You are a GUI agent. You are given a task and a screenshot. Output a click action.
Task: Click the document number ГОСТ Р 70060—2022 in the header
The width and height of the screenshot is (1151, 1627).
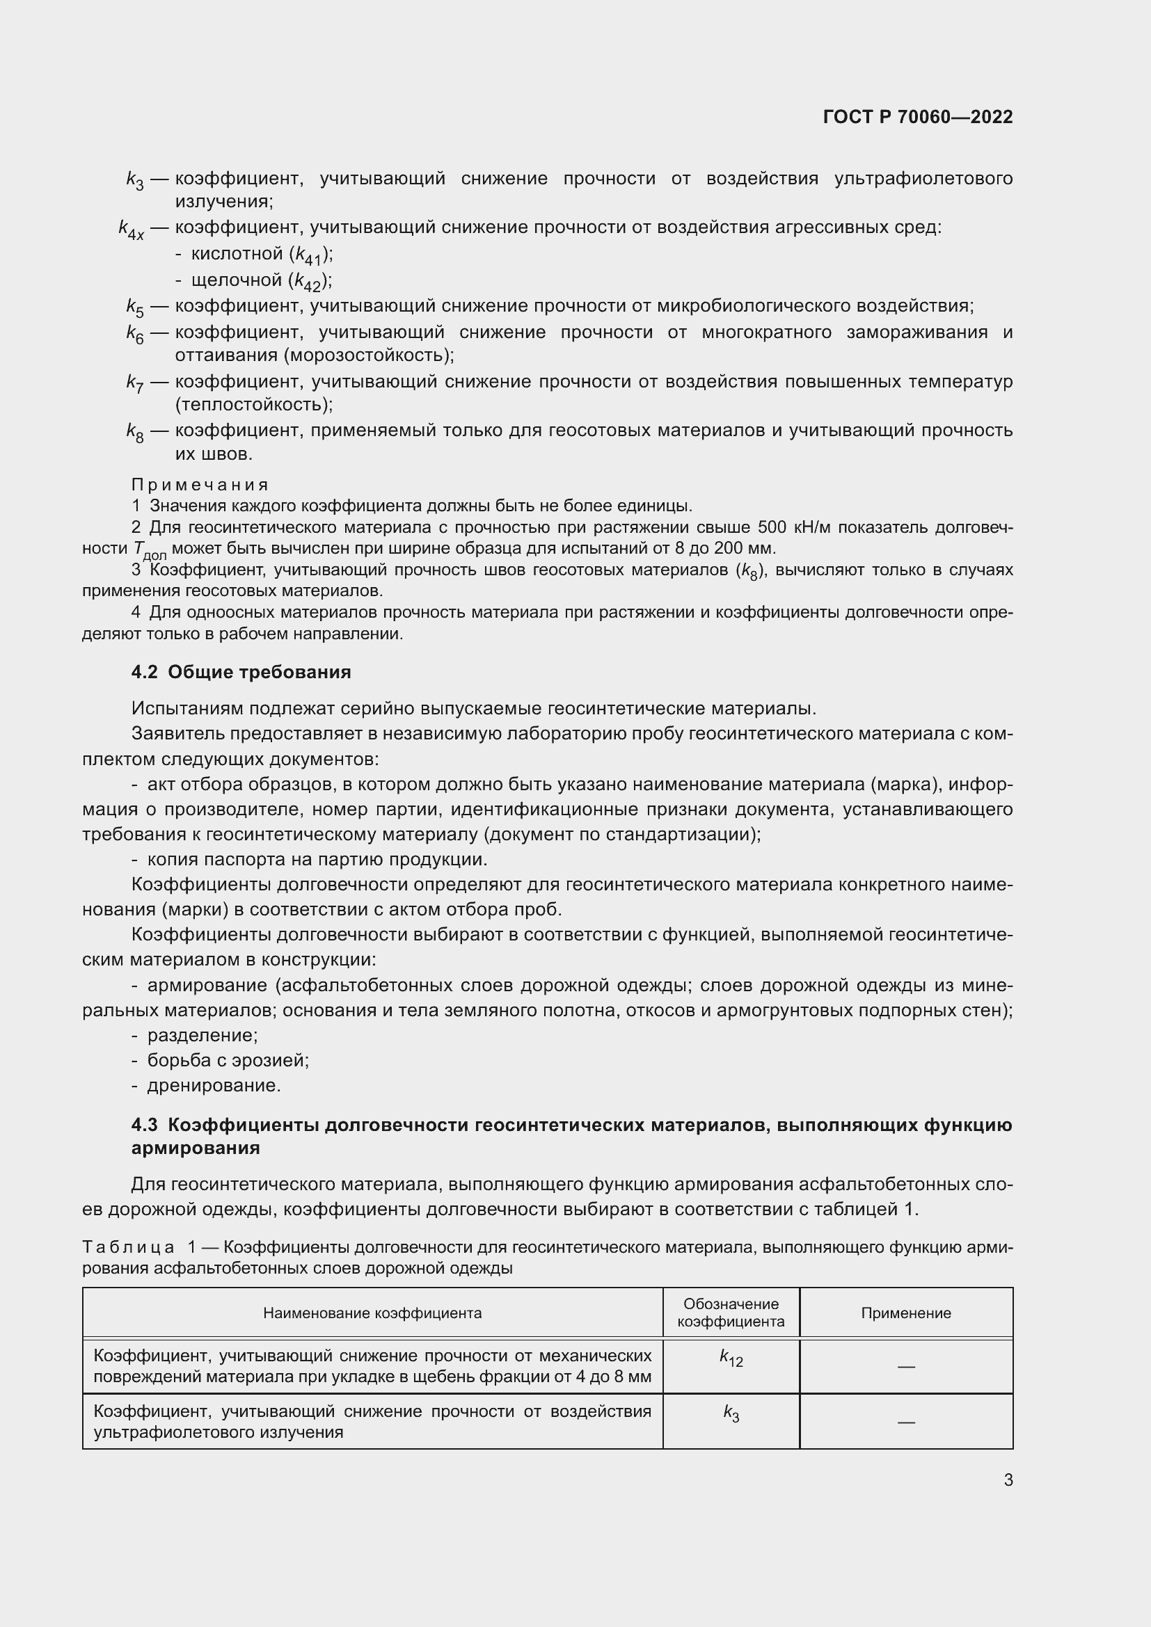click(x=918, y=117)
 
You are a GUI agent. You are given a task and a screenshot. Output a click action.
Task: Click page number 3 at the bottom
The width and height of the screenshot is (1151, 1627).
click(x=1008, y=1480)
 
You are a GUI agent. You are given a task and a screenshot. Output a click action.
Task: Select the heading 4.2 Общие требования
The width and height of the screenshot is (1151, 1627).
click(x=241, y=672)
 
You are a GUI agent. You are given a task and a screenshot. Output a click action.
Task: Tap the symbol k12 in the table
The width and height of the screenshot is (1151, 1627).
click(x=731, y=1357)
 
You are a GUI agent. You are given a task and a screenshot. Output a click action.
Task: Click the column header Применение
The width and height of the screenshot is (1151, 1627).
click(x=906, y=1313)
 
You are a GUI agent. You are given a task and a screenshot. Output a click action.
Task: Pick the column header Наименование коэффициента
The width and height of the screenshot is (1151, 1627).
click(x=372, y=1313)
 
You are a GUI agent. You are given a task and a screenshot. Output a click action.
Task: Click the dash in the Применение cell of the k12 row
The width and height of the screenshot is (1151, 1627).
click(x=906, y=1366)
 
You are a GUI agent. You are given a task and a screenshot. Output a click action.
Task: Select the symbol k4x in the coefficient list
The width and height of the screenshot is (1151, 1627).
click(x=131, y=230)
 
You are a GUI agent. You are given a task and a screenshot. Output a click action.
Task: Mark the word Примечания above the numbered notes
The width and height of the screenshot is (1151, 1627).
click(x=200, y=485)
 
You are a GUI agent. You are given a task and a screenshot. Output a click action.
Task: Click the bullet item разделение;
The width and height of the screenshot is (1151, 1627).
click(x=202, y=1035)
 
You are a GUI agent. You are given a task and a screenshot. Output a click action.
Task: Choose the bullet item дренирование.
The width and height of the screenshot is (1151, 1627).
click(x=214, y=1085)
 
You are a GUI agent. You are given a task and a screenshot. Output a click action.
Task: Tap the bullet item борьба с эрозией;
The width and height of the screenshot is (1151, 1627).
click(x=228, y=1060)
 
